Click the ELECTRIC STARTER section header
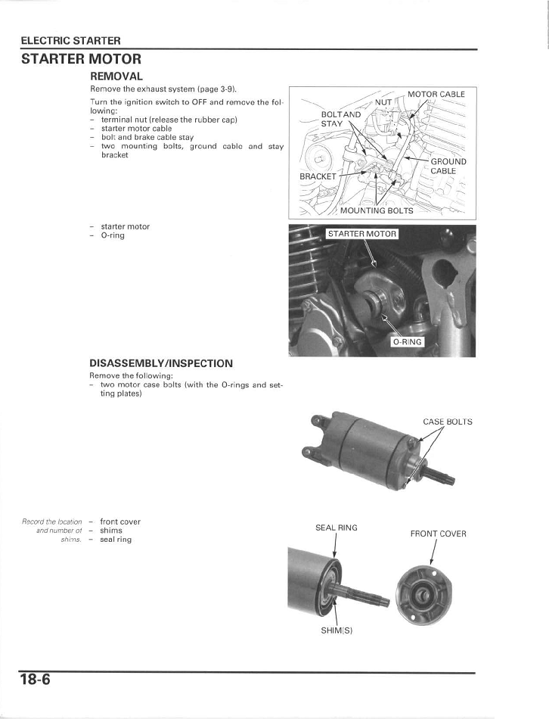(70, 40)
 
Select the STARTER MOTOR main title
(81, 58)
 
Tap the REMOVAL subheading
(116, 76)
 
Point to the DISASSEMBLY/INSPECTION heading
(161, 363)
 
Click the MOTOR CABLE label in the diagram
(436, 95)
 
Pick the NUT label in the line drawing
(383, 101)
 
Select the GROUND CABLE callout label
(448, 166)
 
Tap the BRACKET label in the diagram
(318, 176)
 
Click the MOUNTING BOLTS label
(377, 210)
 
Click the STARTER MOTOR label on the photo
(361, 234)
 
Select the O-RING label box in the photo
(408, 342)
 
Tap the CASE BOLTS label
(447, 422)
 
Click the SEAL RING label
(337, 528)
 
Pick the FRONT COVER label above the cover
(438, 534)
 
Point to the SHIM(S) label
(337, 630)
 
